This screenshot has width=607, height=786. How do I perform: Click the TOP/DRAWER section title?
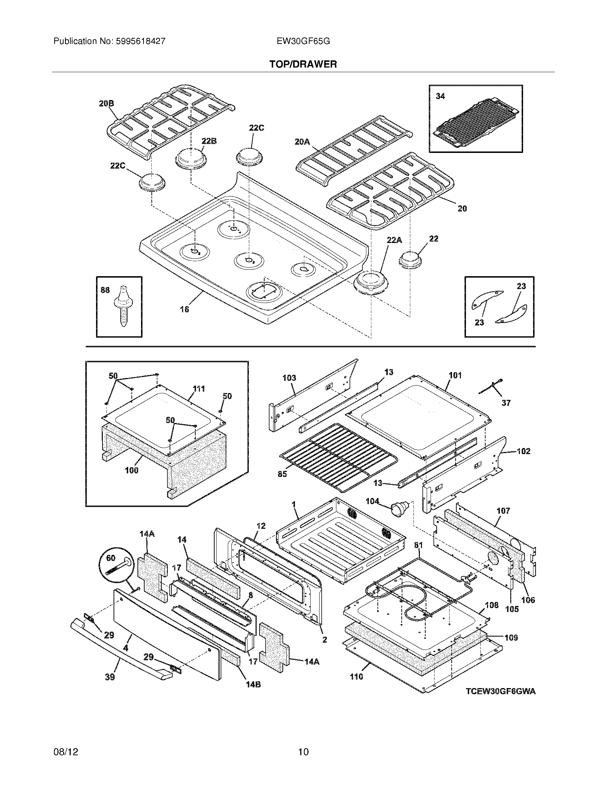(303, 64)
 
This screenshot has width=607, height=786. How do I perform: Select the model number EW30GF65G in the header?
(303, 41)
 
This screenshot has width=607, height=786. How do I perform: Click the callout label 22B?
(209, 141)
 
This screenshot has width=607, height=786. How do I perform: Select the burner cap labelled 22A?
(370, 283)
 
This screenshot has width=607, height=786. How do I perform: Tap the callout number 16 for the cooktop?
(184, 309)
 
